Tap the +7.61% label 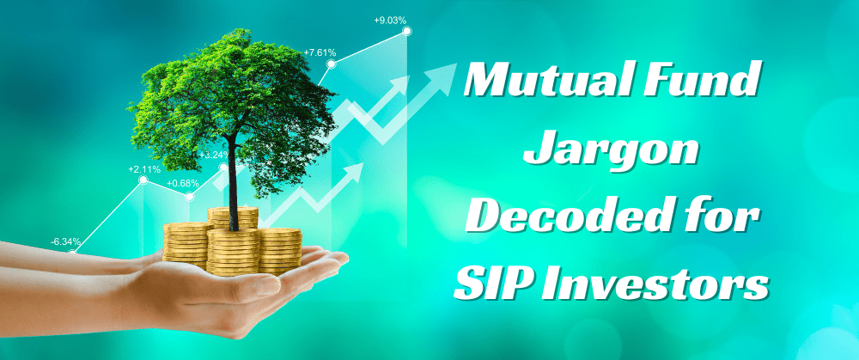click(x=319, y=52)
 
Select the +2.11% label click(x=144, y=169)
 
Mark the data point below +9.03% click(x=406, y=31)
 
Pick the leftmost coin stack click(x=186, y=245)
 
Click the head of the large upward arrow click(x=447, y=73)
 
